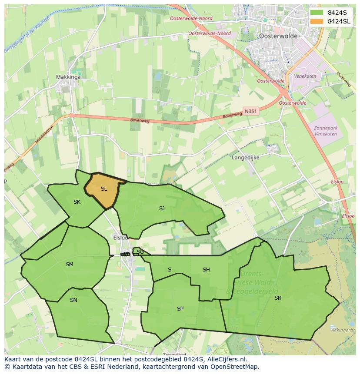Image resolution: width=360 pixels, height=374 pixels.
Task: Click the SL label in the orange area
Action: (x=103, y=189)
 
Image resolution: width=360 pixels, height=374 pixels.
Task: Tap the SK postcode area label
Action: (x=77, y=202)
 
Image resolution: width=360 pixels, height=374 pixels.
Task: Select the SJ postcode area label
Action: (x=162, y=209)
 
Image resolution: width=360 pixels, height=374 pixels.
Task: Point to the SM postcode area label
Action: (x=70, y=265)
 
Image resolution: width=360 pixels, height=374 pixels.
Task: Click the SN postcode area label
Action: (x=73, y=300)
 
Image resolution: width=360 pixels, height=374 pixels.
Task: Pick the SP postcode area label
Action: (x=180, y=309)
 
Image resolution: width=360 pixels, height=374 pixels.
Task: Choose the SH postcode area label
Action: (x=206, y=270)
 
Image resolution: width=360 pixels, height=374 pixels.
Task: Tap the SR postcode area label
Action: (x=278, y=298)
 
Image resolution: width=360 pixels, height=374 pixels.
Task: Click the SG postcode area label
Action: (x=140, y=252)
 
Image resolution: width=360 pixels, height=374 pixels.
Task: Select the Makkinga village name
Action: (x=68, y=77)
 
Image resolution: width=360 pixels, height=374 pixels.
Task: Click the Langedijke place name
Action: (x=246, y=158)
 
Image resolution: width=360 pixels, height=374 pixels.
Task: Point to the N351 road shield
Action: (x=251, y=112)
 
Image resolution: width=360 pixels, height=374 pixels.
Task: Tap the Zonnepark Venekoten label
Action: (x=326, y=131)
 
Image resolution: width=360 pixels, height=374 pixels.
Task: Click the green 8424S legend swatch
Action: (x=317, y=13)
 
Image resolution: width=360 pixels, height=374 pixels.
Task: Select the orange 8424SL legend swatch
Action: (x=317, y=21)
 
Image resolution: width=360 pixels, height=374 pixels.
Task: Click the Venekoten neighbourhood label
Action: (x=317, y=76)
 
